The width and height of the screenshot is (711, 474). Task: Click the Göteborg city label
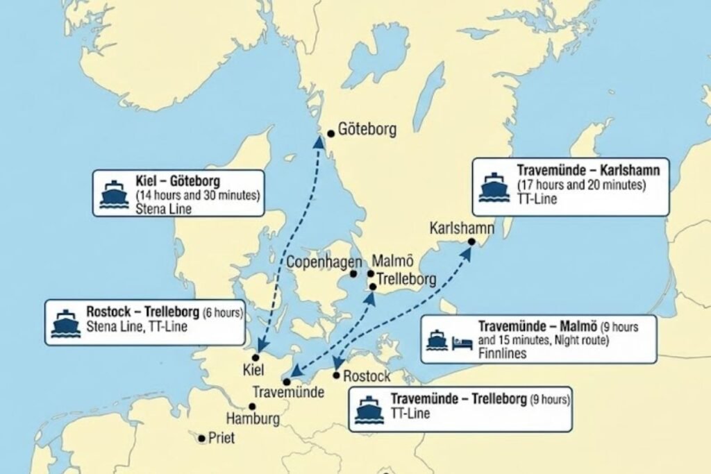click(x=367, y=130)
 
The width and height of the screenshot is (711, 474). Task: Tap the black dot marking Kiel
click(x=256, y=357)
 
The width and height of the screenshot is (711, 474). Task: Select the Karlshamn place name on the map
click(x=462, y=228)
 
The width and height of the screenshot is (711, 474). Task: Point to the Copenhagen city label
click(x=325, y=263)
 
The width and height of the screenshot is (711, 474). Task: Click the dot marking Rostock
click(x=337, y=375)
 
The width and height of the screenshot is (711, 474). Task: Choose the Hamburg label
click(x=253, y=418)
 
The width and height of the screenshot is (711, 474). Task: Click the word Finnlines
click(x=503, y=353)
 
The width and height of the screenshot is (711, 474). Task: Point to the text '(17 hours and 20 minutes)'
click(x=582, y=185)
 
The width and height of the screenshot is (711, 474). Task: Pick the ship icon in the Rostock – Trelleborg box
click(x=65, y=323)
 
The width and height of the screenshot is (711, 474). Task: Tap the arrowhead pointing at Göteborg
click(x=319, y=141)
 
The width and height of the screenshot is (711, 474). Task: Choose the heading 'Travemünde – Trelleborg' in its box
click(x=458, y=399)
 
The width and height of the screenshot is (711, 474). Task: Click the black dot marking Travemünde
click(x=287, y=382)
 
